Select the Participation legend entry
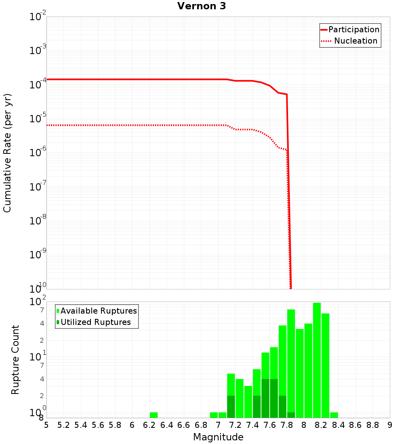click(353, 29)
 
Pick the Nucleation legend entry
click(355, 41)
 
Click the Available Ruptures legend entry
click(99, 311)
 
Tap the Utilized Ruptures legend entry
click(95, 322)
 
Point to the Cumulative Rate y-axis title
click(7, 153)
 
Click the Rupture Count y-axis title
click(15, 359)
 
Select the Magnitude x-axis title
click(218, 437)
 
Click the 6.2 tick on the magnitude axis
click(149, 425)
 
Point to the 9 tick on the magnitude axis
click(390, 425)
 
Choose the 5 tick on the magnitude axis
click(46, 425)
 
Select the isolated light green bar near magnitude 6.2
click(154, 415)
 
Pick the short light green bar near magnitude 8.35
click(334, 415)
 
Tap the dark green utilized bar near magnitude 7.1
click(231, 406)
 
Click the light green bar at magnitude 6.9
click(214, 415)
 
